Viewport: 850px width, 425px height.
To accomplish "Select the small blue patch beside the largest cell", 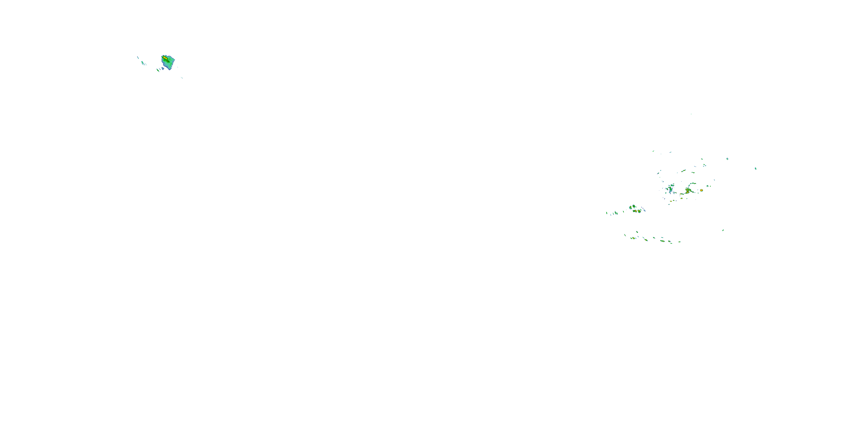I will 163,69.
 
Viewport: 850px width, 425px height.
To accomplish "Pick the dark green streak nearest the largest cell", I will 158,70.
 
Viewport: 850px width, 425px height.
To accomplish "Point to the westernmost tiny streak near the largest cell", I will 138,58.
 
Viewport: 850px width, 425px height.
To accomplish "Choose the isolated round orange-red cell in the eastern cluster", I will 701,190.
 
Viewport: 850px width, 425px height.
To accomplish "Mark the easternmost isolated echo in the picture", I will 756,169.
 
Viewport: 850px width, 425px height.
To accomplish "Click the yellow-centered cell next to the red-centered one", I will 639,211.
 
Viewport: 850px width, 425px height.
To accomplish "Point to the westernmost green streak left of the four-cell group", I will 607,213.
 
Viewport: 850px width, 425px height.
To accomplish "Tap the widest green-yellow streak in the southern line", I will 662,241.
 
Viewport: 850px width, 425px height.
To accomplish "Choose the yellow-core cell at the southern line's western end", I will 633,238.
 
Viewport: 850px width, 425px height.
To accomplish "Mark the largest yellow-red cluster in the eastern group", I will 688,191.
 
